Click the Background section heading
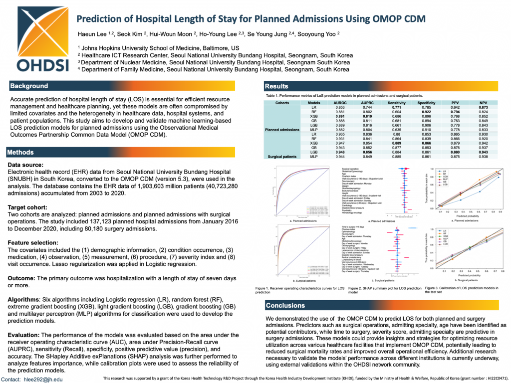(29, 86)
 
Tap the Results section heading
(276, 86)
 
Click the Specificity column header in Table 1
(427, 103)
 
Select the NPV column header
(484, 103)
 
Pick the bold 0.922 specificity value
(427, 112)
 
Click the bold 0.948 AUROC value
(339, 152)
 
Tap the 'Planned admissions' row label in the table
(282, 129)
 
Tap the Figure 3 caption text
(462, 290)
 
